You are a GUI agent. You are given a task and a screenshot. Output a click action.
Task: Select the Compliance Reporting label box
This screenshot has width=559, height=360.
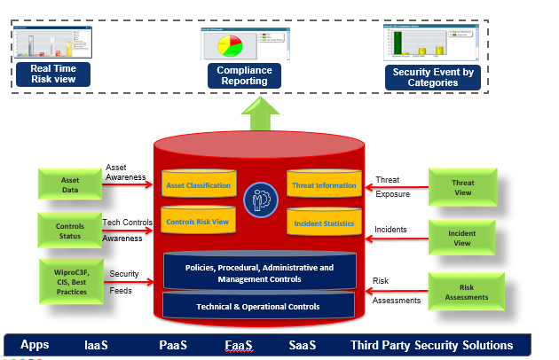[244, 75]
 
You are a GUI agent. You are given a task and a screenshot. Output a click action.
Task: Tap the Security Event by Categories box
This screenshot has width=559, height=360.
[432, 77]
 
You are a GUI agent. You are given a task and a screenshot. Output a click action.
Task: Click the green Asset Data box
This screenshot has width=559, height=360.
[70, 184]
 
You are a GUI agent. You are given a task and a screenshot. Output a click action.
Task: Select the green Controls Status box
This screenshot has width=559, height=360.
[70, 233]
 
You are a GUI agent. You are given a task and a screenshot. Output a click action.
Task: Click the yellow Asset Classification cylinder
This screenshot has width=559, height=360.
[198, 185]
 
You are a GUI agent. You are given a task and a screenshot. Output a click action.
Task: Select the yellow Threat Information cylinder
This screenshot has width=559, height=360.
[323, 185]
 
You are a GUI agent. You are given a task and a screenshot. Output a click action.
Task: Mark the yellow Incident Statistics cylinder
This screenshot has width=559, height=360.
[323, 223]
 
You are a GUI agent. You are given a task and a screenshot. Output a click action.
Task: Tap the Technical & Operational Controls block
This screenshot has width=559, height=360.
[258, 307]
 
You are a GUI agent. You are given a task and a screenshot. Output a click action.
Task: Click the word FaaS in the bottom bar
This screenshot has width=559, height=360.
[237, 345]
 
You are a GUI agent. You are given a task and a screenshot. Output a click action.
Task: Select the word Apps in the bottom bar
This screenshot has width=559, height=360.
[35, 345]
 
